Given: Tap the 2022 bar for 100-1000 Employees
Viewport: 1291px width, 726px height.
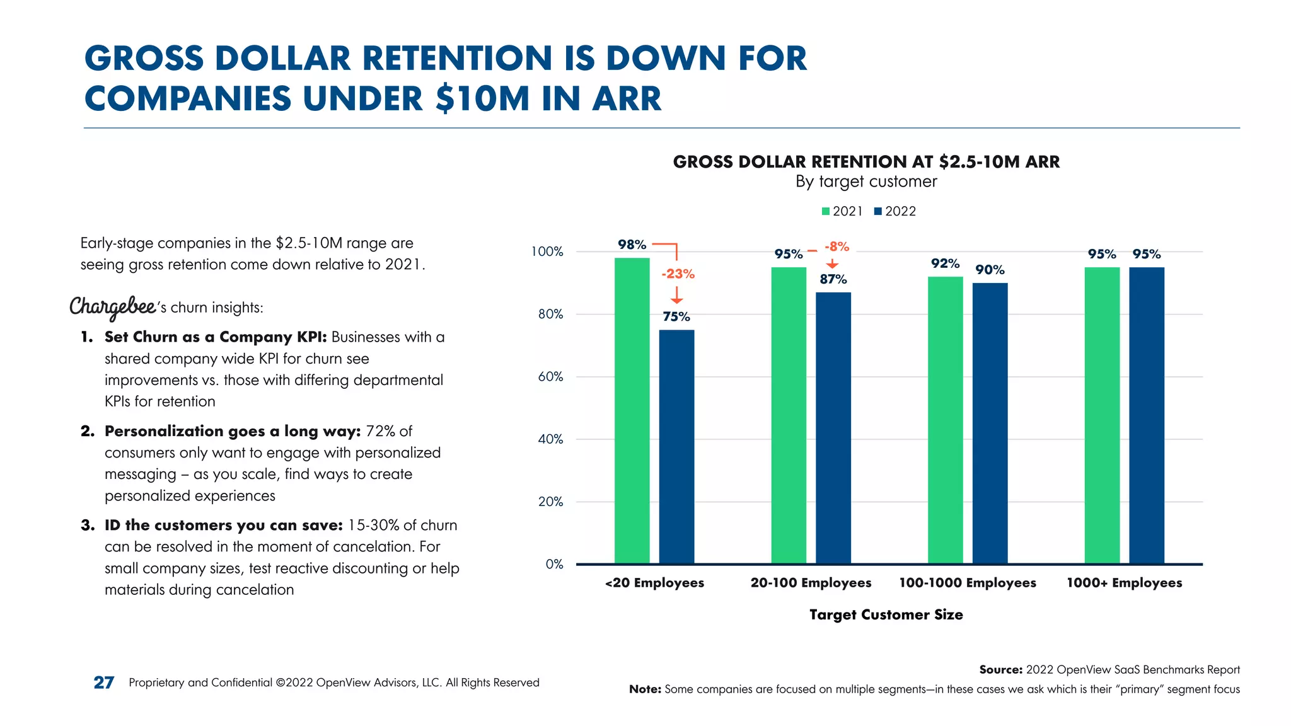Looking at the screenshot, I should (990, 423).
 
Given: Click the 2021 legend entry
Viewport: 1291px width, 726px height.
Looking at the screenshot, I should (842, 211).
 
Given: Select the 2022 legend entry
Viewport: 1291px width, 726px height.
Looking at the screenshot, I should (894, 211).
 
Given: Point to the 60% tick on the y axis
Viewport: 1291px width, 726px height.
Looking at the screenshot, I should (550, 377).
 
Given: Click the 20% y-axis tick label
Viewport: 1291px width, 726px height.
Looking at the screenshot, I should (550, 502).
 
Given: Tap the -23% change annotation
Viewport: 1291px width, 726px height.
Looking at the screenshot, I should (678, 274).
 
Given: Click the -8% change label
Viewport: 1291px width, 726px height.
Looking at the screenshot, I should (837, 246).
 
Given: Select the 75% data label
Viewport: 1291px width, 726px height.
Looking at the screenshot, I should (676, 316).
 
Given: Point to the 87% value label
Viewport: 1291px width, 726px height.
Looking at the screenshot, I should (833, 279).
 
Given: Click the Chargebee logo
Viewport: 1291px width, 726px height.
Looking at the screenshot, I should (113, 307).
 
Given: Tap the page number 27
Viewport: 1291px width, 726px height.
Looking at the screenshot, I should (104, 683).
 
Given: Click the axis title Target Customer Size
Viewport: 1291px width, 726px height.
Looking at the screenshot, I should (886, 614).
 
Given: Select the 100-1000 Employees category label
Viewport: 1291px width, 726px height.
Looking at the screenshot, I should (967, 583).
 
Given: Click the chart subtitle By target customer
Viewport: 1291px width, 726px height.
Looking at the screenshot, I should (865, 181).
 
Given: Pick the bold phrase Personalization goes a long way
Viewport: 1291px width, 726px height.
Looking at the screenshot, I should (232, 431).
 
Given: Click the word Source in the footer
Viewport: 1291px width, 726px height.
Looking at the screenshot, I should (1000, 670).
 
